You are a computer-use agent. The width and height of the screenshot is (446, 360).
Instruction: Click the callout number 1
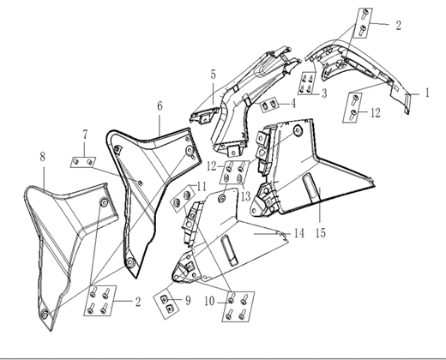point(427,93)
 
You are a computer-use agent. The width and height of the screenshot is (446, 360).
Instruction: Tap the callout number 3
point(324,93)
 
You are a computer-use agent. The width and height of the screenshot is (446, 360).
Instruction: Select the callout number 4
point(293,104)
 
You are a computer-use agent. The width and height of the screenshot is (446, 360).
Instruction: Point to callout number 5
point(214,75)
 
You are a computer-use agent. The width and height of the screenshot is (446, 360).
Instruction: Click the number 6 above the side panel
point(160,106)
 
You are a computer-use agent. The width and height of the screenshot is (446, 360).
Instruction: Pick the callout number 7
point(85,135)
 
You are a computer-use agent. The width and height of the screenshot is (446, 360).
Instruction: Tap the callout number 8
point(42,157)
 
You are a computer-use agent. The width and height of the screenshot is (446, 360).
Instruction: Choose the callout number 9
point(188,301)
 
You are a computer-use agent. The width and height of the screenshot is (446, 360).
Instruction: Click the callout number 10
point(209,301)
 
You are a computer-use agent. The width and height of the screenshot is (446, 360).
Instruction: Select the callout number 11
point(202,187)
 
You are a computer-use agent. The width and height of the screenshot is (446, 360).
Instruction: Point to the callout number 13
point(245,196)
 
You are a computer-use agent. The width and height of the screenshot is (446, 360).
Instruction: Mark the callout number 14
point(299,233)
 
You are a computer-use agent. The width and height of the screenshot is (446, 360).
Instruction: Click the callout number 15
point(321,233)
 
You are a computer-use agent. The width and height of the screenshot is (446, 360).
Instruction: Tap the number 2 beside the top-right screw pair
point(399,26)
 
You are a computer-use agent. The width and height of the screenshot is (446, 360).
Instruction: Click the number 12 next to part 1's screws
point(376,113)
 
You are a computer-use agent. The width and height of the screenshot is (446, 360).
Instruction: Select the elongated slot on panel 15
point(310,188)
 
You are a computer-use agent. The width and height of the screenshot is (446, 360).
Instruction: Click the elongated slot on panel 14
point(229,250)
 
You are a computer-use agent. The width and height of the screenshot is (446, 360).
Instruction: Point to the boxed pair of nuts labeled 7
point(83,162)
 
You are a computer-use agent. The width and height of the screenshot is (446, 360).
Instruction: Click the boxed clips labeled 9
point(166,303)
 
